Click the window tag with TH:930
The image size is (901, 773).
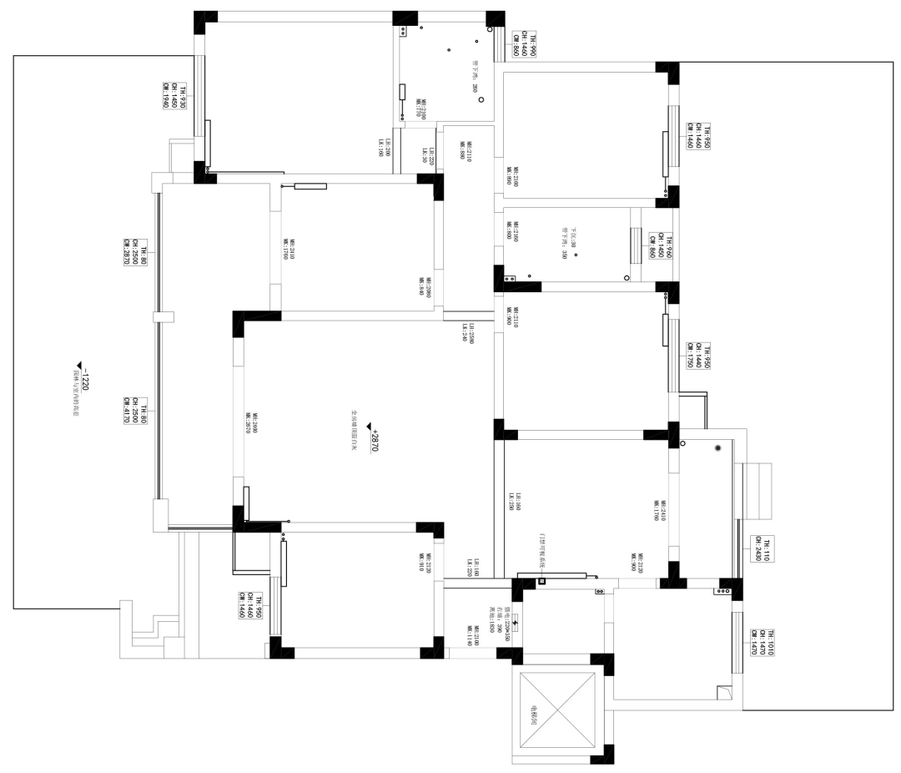click(x=174, y=97)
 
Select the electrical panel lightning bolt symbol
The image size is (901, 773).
click(x=515, y=622)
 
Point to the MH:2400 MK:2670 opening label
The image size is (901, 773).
click(x=251, y=423)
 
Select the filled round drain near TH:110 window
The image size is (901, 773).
click(x=717, y=449)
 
